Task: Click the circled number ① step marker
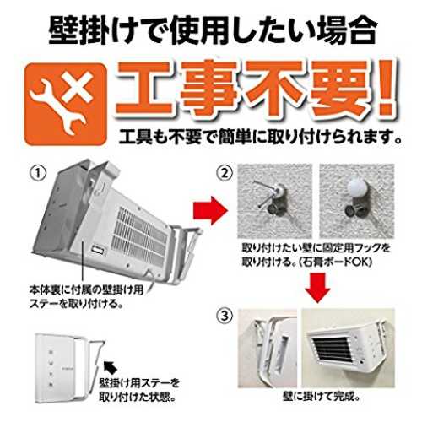(x=38, y=174)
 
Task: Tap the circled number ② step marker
(x=225, y=174)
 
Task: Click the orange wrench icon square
(x=67, y=104)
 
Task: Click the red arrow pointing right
(x=209, y=211)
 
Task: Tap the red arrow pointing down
(x=317, y=287)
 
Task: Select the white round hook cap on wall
(x=356, y=188)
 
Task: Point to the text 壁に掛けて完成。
(x=322, y=397)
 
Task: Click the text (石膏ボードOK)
(x=335, y=262)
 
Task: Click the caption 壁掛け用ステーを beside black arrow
(x=139, y=383)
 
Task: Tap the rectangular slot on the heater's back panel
(x=98, y=250)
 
